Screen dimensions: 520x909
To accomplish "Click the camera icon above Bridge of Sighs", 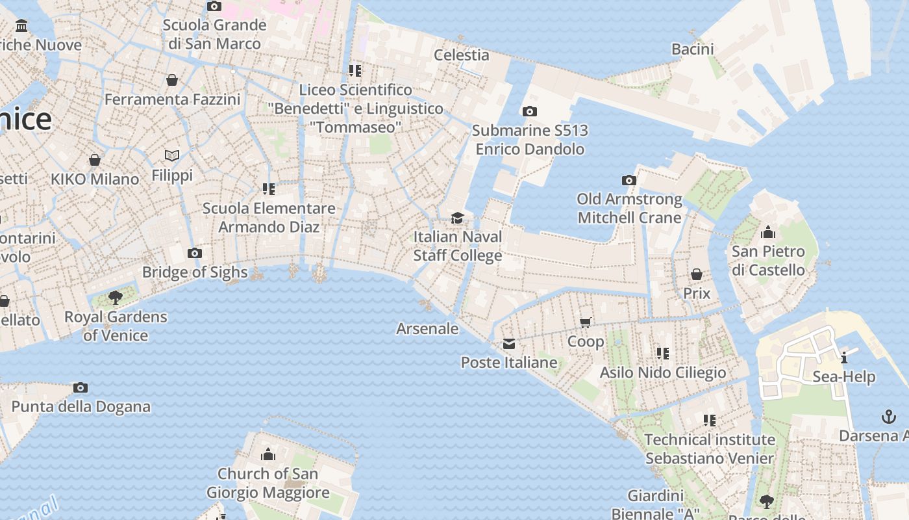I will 194,253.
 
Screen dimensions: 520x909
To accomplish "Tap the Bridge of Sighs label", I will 195,272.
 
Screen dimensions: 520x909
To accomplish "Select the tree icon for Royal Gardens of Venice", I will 116,298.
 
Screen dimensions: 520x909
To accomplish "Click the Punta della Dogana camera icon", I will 81,388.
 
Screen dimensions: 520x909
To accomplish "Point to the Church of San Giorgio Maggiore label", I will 268,483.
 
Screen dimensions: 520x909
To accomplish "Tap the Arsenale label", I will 427,329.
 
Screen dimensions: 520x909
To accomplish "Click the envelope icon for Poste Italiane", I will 509,343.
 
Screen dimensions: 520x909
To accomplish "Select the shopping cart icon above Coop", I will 586,322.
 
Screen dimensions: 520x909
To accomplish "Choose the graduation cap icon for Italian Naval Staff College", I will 458,218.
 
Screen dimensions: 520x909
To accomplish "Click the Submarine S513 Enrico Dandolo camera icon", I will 530,112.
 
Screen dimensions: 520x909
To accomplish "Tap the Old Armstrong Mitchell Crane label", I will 630,208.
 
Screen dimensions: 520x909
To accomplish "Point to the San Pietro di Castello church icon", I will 768,232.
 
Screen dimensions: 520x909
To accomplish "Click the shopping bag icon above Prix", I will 697,274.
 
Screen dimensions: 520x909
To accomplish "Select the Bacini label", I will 693,49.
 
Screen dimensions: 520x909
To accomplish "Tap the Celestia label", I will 462,55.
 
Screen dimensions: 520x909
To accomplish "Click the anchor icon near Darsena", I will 888,417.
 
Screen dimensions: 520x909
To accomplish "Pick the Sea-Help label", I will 844,377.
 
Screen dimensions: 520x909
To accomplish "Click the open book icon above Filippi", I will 172,156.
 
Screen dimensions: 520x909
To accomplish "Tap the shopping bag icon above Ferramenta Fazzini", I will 172,80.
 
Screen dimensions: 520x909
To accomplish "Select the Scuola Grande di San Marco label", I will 214,34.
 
